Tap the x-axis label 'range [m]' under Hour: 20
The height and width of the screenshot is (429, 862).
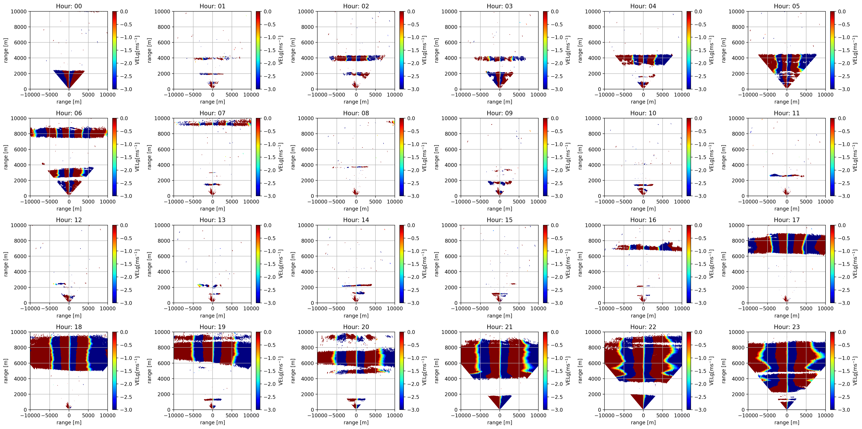click(356, 422)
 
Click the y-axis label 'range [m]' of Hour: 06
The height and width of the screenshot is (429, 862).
click(6, 157)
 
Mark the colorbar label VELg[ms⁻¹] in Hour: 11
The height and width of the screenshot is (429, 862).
click(855, 157)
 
